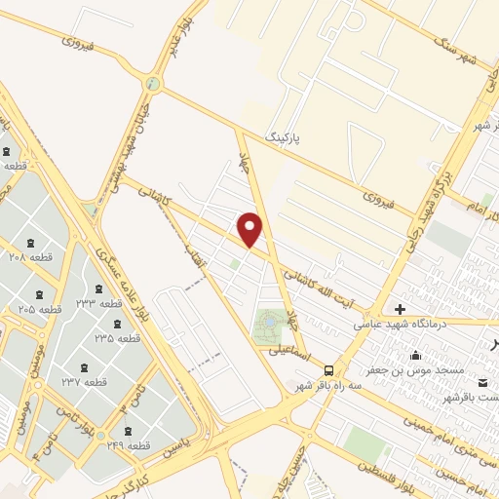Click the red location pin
[x=251, y=228]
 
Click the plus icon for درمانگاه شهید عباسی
[x=400, y=308]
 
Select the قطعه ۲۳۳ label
[x=99, y=303]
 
